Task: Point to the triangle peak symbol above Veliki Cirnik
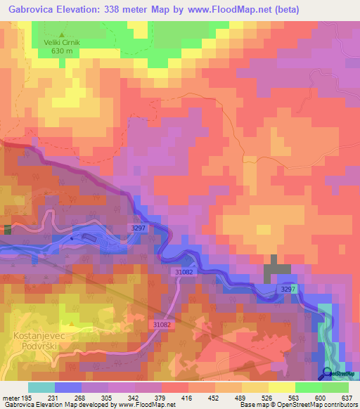pos(62,33)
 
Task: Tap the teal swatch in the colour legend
pos(41,387)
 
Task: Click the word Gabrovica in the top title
pos(32,10)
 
